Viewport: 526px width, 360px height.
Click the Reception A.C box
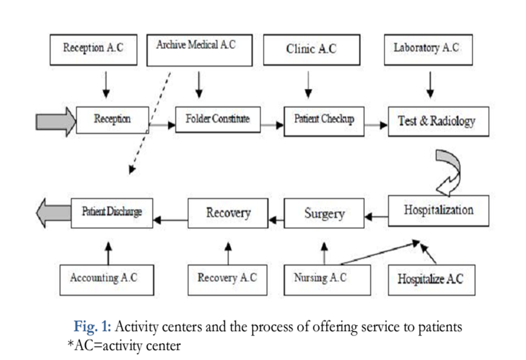point(93,50)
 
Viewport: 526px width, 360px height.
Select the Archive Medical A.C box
point(200,50)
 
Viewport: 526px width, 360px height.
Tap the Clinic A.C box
point(311,50)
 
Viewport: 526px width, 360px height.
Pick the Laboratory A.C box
point(429,50)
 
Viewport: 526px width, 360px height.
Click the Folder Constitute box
point(218,120)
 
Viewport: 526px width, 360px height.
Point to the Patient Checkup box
point(324,121)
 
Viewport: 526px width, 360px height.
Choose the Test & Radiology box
point(438,121)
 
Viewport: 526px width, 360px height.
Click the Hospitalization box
point(438,211)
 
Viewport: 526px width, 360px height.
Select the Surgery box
point(324,214)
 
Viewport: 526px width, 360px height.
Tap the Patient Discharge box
point(112,214)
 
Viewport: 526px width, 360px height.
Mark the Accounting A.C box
point(106,280)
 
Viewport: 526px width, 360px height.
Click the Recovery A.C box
point(228,280)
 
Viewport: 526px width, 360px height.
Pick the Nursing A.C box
point(327,280)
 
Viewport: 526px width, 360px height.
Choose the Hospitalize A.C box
point(432,280)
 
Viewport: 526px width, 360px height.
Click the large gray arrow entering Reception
point(56,121)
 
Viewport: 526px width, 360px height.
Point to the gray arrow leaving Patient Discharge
point(54,214)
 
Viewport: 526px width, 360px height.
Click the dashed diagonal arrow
point(150,123)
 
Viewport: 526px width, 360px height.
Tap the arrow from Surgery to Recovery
point(277,220)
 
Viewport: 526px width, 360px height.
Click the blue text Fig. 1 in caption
point(92,326)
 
